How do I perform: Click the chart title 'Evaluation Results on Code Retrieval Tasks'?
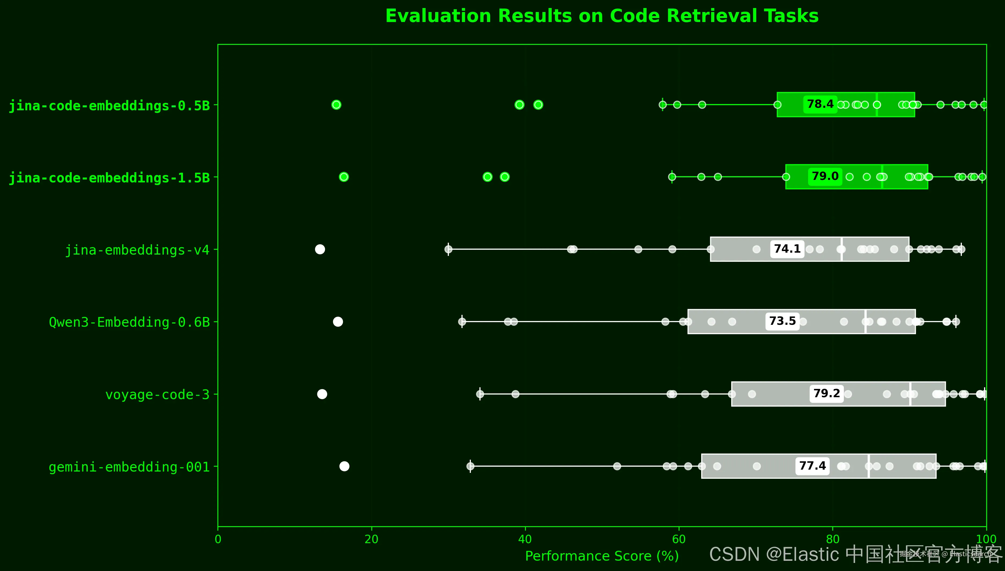(x=602, y=16)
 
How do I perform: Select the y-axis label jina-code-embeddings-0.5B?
(x=109, y=106)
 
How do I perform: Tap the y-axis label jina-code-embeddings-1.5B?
(x=109, y=178)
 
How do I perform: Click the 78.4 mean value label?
(x=820, y=104)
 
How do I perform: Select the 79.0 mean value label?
(x=825, y=176)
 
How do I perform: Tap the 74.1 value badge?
(x=787, y=249)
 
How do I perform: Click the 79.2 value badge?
(x=826, y=393)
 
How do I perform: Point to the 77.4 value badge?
(x=812, y=466)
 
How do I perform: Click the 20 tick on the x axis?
(x=371, y=540)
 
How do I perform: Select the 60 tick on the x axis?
(x=678, y=540)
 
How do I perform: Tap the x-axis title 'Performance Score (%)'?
(x=602, y=556)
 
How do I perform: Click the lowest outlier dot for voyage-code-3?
(x=322, y=394)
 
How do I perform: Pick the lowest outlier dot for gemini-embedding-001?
(x=344, y=466)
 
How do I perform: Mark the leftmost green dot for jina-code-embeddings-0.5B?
(x=336, y=105)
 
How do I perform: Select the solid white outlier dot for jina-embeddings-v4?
(x=320, y=249)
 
